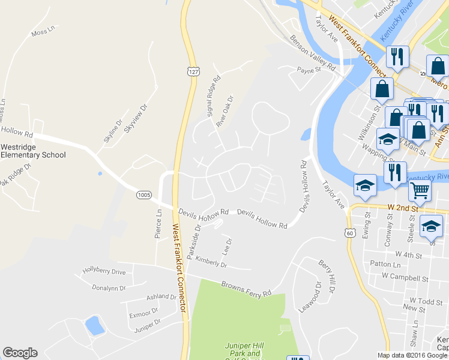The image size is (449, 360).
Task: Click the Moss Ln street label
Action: tap(43, 30)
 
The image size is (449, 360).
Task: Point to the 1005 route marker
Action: tap(144, 194)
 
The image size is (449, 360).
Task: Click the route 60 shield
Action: tap(351, 232)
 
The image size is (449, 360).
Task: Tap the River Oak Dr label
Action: tap(224, 112)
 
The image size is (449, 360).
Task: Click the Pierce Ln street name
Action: tap(158, 224)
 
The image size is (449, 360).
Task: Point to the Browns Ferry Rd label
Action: tap(246, 289)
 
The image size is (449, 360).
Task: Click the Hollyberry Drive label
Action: tap(104, 272)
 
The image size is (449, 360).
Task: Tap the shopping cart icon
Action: tap(420, 191)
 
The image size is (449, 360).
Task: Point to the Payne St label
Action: tap(310, 70)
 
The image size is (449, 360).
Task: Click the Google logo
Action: tap(20, 353)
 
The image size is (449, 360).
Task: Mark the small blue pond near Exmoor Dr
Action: tap(94, 326)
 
